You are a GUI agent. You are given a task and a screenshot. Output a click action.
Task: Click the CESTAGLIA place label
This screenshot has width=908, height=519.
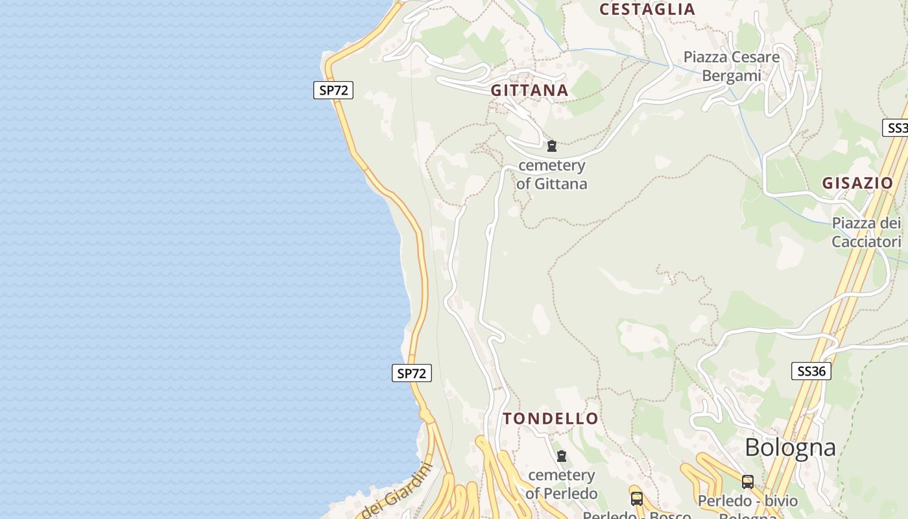[647, 9]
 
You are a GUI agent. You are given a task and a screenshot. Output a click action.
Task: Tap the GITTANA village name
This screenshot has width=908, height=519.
[529, 91]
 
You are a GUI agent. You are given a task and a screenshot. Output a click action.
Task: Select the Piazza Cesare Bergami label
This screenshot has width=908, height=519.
[732, 66]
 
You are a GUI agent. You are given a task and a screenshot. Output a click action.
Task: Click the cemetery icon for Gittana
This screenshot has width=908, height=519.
[552, 146]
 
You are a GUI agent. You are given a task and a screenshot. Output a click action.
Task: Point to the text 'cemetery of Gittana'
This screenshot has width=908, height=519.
[552, 175]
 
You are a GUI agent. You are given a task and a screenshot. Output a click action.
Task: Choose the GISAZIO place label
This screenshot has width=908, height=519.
[857, 183]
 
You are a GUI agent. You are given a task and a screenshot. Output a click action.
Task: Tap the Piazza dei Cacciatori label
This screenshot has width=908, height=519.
[866, 232]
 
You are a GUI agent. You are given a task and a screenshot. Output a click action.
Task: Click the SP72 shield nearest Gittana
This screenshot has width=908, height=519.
[333, 90]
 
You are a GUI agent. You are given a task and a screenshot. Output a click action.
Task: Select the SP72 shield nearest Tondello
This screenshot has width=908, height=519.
[412, 373]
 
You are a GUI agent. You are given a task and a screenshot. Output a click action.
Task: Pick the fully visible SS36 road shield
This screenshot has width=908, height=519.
[811, 371]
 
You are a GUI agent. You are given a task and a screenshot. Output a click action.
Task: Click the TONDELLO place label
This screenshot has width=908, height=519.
[551, 418]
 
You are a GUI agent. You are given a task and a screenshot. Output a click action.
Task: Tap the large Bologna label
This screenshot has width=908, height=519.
[790, 448]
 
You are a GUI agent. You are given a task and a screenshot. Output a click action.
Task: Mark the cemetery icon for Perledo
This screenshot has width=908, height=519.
[562, 456]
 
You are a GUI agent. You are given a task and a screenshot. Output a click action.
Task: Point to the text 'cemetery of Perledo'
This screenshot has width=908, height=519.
[562, 484]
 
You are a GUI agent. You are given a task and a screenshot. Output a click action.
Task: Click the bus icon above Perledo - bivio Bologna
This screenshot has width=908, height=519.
[748, 481]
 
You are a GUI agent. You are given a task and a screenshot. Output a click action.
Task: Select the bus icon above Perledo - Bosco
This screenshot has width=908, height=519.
[637, 498]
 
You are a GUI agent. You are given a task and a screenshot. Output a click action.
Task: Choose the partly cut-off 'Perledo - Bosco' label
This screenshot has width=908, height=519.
[636, 515]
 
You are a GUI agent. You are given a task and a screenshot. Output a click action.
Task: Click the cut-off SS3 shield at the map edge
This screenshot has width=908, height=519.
[896, 128]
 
